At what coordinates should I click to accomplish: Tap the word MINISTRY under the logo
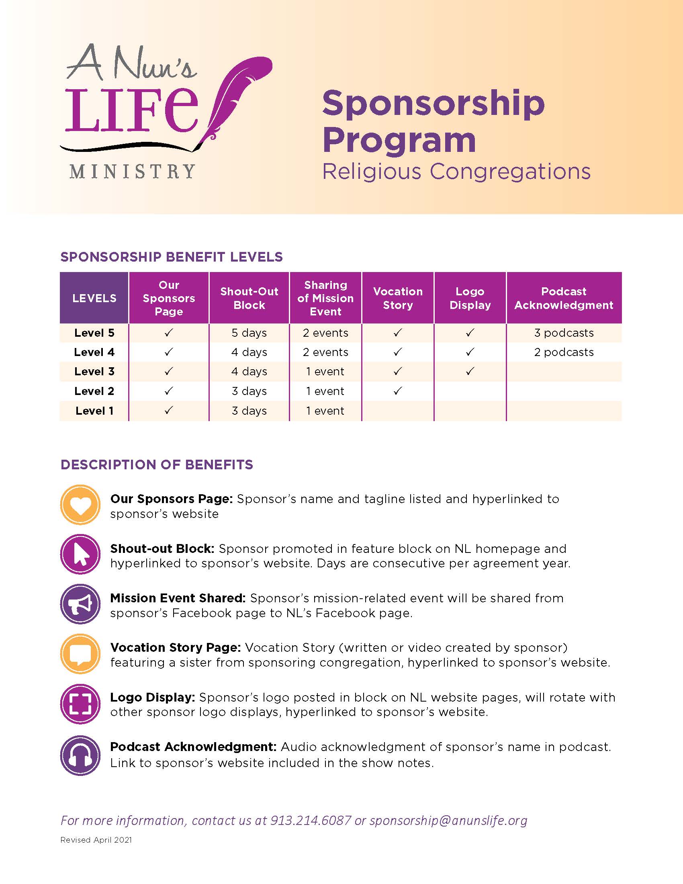(x=132, y=172)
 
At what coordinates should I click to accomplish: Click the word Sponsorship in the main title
(x=434, y=104)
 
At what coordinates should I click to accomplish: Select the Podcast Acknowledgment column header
(x=564, y=298)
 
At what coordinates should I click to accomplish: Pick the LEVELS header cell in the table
(x=94, y=298)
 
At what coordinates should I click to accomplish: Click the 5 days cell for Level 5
(x=249, y=333)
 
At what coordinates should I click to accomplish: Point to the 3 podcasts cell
(x=564, y=333)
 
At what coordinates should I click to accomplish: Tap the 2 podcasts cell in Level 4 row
(x=564, y=352)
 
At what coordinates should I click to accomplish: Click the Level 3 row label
(x=94, y=371)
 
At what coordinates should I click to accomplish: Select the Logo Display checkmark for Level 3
(x=470, y=371)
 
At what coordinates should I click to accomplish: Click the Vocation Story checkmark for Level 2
(x=398, y=391)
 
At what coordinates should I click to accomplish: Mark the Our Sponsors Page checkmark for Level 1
(x=169, y=410)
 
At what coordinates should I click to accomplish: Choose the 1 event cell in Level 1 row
(x=325, y=410)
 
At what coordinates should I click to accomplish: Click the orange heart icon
(x=80, y=505)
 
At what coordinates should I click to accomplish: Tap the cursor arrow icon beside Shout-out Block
(x=80, y=554)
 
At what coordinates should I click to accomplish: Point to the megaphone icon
(x=80, y=604)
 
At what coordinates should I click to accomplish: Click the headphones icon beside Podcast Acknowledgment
(x=80, y=755)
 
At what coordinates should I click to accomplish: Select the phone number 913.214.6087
(x=310, y=821)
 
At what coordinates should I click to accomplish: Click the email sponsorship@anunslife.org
(x=448, y=821)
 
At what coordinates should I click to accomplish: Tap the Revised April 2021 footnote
(x=96, y=840)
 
